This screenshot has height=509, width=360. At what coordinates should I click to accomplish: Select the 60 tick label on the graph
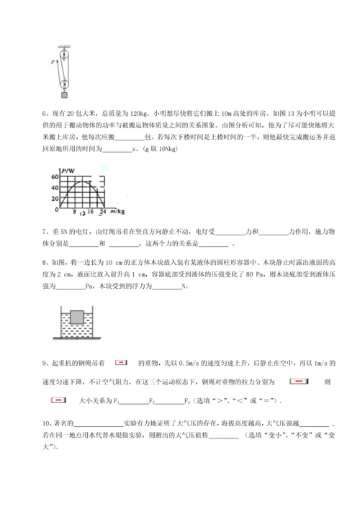55,177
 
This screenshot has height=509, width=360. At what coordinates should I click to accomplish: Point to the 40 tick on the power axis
55,188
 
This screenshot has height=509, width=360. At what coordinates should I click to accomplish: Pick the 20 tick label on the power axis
55,199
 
